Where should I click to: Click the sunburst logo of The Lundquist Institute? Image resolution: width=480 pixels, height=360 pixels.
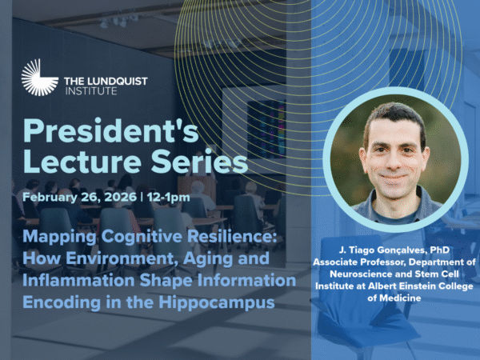(x=39, y=78)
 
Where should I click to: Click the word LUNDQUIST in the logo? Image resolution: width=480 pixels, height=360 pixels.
(x=118, y=82)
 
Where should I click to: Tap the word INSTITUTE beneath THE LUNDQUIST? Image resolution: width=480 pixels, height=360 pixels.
(x=91, y=91)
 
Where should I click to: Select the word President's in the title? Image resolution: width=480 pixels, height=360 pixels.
(x=111, y=131)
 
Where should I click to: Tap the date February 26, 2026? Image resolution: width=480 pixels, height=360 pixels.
(x=79, y=197)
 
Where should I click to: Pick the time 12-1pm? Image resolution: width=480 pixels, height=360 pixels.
(x=168, y=198)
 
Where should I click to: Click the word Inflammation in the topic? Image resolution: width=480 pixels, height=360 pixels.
(x=78, y=281)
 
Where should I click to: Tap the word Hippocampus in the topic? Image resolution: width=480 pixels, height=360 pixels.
(x=217, y=303)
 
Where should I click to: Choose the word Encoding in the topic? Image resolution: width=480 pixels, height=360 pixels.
(x=62, y=303)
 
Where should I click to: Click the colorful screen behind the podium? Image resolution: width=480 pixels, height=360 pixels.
(x=266, y=129)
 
